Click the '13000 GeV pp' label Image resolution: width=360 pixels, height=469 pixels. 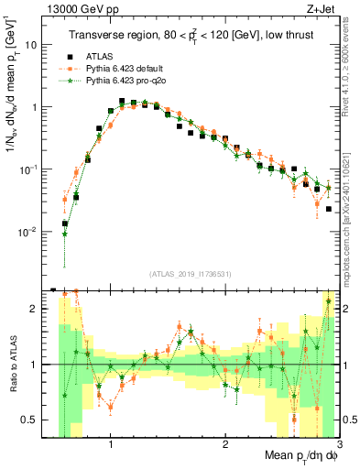tap(73, 9)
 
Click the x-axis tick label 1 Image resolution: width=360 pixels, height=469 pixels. tap(111, 442)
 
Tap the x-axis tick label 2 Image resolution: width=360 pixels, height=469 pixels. tap(224, 442)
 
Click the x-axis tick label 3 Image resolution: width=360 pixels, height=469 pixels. tap(337, 442)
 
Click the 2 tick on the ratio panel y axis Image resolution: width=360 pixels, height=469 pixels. tap(34, 309)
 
